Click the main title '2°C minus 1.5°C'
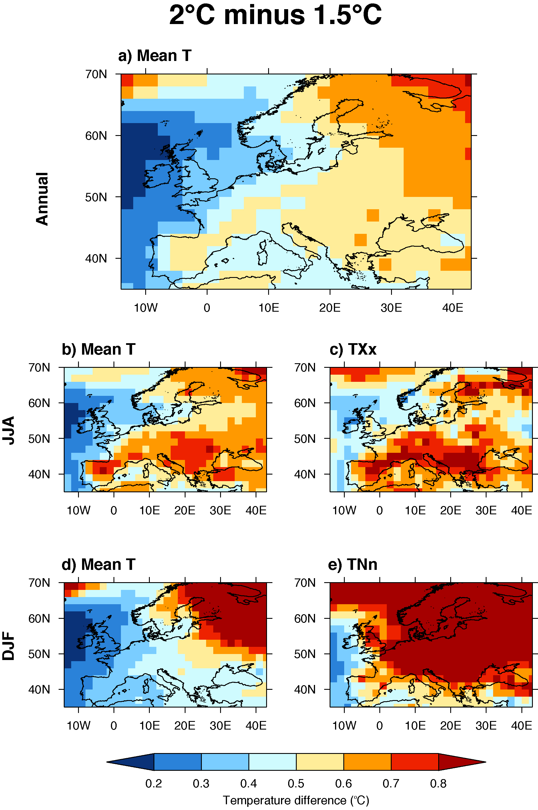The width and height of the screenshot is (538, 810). [x=275, y=15]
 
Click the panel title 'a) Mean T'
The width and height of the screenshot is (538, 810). [x=154, y=56]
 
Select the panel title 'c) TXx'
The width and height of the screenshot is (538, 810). [x=353, y=349]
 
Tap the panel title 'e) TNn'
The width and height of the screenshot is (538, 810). [x=352, y=564]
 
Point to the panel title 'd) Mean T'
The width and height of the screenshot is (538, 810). [x=98, y=564]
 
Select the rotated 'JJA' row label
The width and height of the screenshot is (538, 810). [x=9, y=430]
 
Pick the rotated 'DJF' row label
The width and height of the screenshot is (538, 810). [x=9, y=645]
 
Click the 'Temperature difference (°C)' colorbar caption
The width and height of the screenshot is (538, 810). [x=296, y=800]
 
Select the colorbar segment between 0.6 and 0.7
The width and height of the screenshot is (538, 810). [x=367, y=762]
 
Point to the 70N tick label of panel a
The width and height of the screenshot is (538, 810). [x=96, y=74]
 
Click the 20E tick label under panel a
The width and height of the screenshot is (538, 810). [x=330, y=308]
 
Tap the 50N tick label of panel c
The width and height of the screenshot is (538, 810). [x=305, y=439]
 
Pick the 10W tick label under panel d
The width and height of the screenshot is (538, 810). [x=78, y=726]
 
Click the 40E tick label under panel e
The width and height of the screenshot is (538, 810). [x=521, y=726]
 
